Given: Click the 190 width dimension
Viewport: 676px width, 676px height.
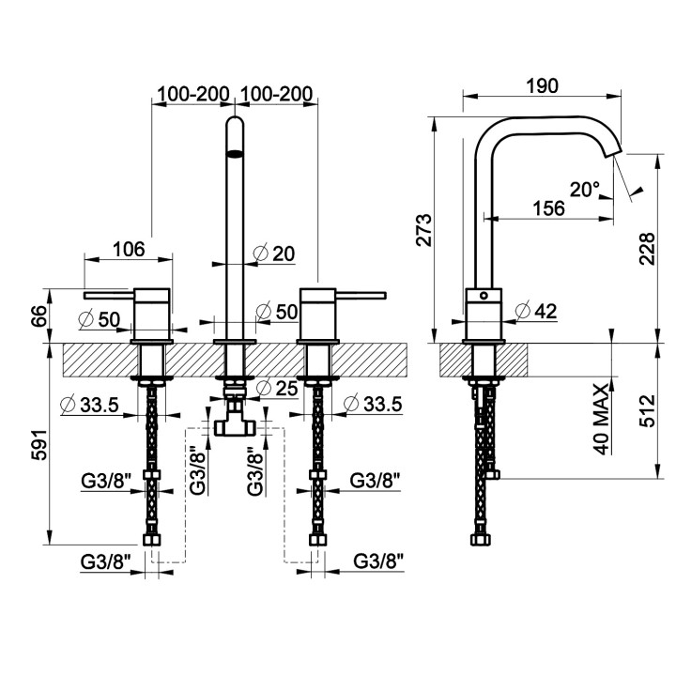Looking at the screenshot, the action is click(542, 85).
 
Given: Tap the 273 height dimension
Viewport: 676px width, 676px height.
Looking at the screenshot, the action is click(424, 229).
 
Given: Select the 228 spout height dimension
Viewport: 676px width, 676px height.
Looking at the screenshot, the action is click(647, 249).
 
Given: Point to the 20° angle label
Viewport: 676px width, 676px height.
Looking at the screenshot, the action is click(585, 190).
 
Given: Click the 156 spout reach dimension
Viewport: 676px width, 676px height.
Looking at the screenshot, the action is click(549, 208).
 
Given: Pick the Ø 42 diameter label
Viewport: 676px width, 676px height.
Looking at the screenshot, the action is click(536, 312).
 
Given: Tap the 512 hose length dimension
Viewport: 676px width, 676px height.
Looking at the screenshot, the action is click(647, 410).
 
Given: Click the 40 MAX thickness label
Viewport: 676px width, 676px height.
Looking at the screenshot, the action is click(603, 418).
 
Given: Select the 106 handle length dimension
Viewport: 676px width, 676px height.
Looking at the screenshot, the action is click(129, 249).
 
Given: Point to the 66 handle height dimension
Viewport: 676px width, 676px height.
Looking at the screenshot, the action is click(38, 316).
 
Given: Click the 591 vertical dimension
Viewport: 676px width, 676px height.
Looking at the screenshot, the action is click(38, 444).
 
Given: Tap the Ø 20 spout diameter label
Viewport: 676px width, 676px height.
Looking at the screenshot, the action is click(274, 253).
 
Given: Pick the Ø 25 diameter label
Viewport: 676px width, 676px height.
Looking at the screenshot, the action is click(277, 388).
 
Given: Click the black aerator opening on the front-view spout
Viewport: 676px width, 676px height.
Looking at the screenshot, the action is click(235, 153).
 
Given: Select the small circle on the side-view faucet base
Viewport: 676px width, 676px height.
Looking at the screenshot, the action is click(484, 296).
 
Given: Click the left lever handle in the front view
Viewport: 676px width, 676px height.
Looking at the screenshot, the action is click(110, 296).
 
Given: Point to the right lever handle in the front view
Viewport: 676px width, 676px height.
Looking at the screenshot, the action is click(361, 296).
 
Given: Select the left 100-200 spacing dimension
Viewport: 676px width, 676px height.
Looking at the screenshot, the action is click(192, 94).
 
